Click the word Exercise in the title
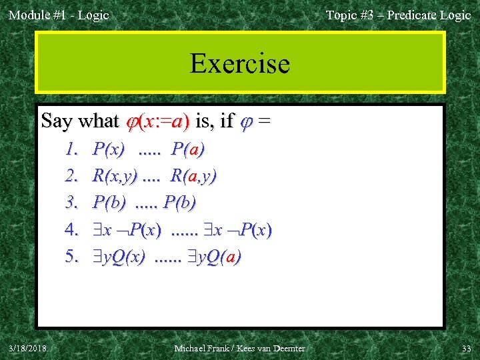(239, 64)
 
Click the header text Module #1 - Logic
(59, 15)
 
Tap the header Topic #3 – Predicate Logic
(398, 15)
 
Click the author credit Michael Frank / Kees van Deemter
(239, 348)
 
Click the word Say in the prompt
(56, 121)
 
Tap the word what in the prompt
(97, 121)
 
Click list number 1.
(73, 149)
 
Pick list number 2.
(73, 176)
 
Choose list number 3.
(73, 203)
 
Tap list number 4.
(73, 230)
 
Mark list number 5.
(73, 257)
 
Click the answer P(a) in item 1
(187, 149)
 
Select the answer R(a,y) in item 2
(193, 176)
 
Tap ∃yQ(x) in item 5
(119, 257)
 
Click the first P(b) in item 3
(110, 203)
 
